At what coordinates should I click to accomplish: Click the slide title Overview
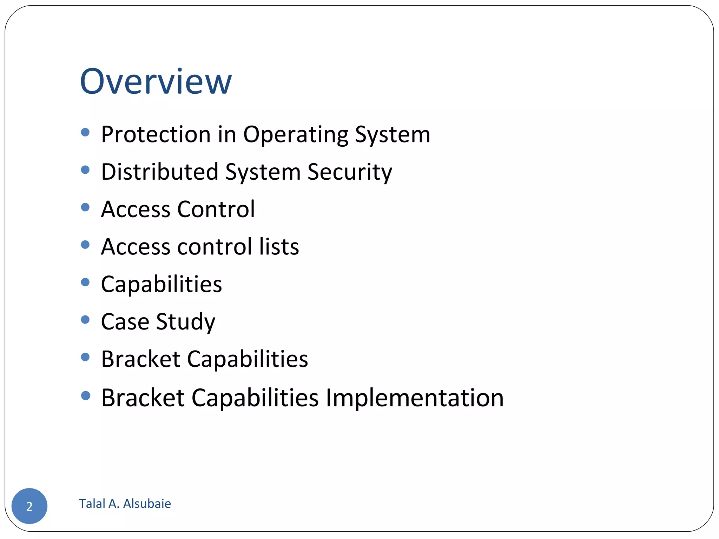point(156,81)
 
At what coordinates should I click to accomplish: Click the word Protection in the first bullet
point(156,134)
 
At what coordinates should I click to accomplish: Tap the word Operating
point(296,135)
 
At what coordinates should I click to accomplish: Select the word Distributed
point(160,172)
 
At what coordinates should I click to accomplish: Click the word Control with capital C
point(216,209)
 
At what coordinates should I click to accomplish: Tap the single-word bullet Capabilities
point(161,284)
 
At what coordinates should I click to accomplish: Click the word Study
point(185,322)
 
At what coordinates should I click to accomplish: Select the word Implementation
point(415,398)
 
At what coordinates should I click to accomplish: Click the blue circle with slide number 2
point(29,506)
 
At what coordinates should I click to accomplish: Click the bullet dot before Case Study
point(85,319)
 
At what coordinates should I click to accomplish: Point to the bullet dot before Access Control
point(85,207)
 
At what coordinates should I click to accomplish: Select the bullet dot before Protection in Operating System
point(85,132)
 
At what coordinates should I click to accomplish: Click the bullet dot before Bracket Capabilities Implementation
point(85,396)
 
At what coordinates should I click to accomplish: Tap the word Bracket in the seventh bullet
point(140,359)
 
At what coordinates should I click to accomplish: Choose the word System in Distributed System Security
point(263,173)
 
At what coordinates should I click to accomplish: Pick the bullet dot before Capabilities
point(85,282)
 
